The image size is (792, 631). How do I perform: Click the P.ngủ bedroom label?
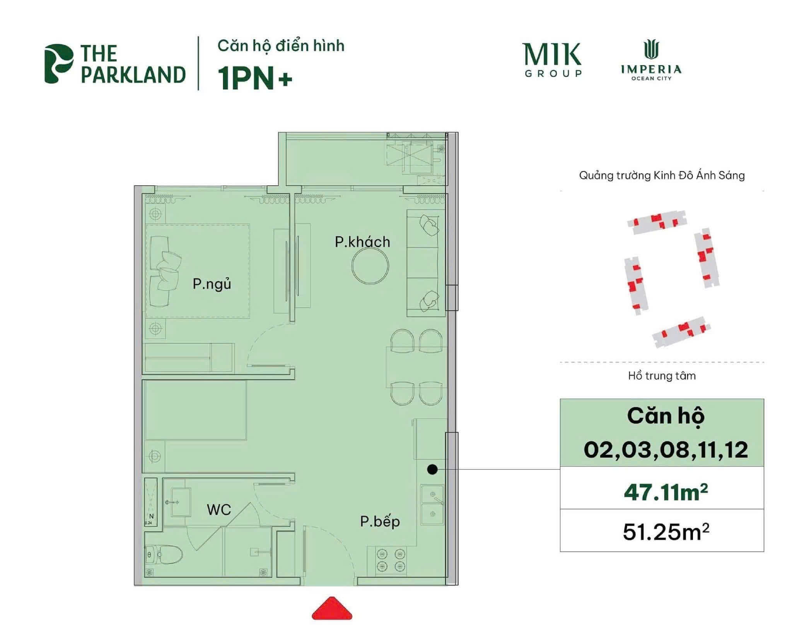tap(212, 284)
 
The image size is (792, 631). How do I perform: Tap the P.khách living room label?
tap(362, 242)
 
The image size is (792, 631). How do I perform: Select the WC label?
tap(219, 510)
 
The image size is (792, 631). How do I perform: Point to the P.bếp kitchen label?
tap(380, 522)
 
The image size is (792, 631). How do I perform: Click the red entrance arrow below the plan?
tap(332, 610)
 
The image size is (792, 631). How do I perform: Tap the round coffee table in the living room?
tap(370, 266)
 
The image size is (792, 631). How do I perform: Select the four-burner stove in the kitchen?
tap(391, 559)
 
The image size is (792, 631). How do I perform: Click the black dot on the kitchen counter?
tap(432, 469)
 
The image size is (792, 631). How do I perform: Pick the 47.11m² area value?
tap(666, 493)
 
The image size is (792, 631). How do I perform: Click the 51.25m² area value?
tap(666, 532)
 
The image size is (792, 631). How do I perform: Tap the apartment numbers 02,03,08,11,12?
tap(666, 450)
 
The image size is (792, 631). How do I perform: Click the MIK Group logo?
tap(553, 60)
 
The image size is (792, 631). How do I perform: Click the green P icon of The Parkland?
tap(58, 63)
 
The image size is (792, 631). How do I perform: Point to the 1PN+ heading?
tap(255, 78)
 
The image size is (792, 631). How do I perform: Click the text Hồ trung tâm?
tap(662, 376)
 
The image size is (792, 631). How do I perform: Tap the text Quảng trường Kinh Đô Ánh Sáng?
tap(662, 176)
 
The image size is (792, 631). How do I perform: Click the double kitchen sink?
tap(432, 504)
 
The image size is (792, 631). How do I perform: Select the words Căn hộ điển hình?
tap(281, 46)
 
